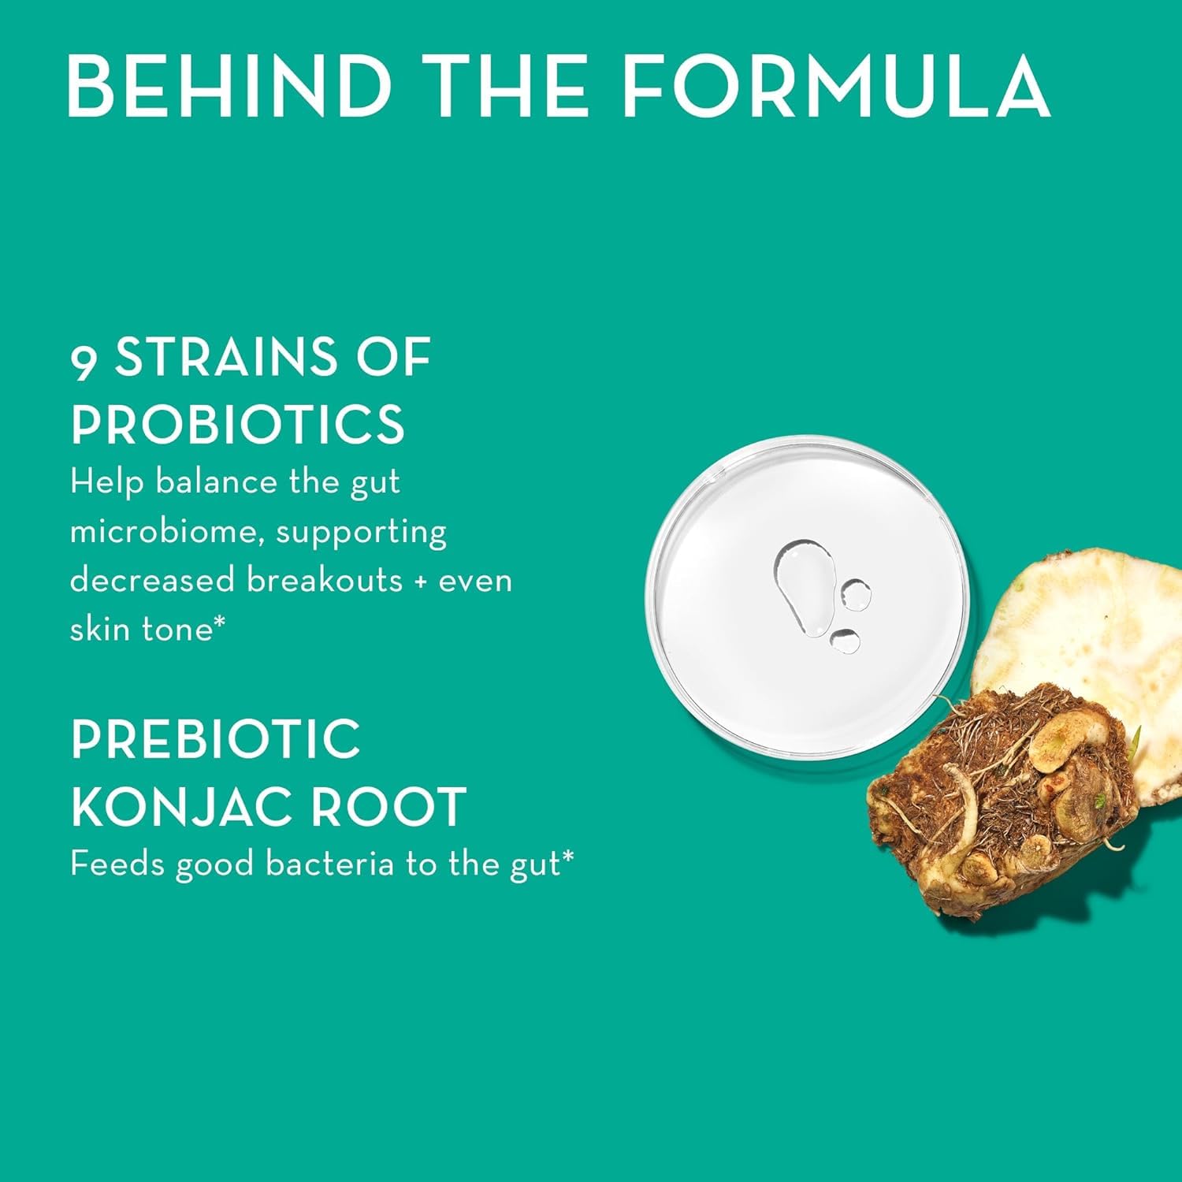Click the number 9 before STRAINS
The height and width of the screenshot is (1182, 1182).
[x=84, y=361]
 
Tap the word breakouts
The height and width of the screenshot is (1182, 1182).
[x=325, y=581]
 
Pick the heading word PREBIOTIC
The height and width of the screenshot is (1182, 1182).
[x=215, y=739]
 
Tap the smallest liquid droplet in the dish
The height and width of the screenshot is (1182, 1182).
[x=845, y=641]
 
